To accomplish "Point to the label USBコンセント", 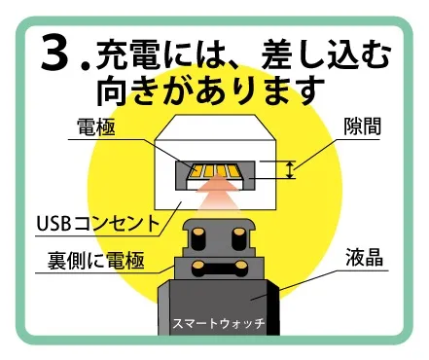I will click(96, 222).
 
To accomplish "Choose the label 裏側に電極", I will click(94, 260).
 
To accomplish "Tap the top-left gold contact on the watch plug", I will click(199, 234).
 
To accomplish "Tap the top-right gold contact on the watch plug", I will click(233, 234).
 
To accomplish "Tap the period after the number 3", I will click(88, 68).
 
